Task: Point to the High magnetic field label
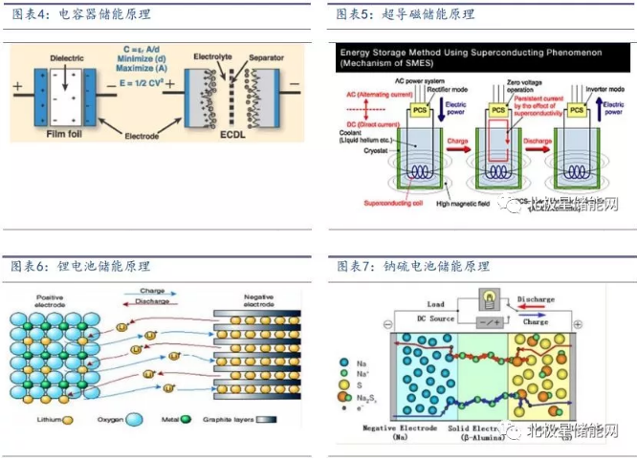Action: tap(467, 204)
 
